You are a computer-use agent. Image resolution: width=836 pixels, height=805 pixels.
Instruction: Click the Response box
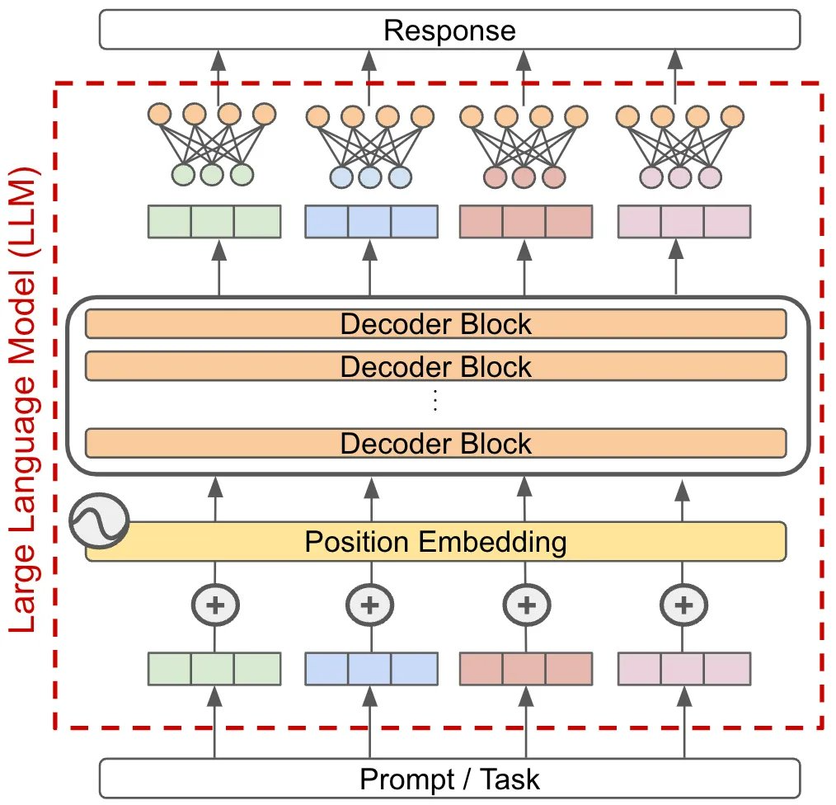(449, 31)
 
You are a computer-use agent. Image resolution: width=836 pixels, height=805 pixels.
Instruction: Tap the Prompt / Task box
(449, 778)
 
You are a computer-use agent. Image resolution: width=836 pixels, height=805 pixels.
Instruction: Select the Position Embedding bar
(435, 542)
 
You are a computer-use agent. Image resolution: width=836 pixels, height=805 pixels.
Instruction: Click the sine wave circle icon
(99, 521)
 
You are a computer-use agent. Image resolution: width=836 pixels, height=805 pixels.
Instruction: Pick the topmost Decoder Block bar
(435, 323)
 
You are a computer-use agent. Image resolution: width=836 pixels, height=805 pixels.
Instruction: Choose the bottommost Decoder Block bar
(435, 443)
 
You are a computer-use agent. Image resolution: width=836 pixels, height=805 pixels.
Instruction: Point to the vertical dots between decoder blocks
(435, 401)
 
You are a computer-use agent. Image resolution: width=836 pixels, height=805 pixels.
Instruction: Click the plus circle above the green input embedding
(215, 605)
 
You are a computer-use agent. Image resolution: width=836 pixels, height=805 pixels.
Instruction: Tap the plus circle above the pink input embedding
(683, 605)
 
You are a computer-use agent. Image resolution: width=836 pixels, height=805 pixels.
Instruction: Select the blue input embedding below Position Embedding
(370, 668)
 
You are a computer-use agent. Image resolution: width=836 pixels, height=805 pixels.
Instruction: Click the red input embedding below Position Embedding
(525, 668)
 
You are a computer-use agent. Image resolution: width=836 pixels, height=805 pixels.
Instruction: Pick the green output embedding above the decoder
(214, 221)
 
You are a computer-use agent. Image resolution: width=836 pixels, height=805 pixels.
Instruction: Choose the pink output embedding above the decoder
(683, 221)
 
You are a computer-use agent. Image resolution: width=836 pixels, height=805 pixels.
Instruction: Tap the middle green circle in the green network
(212, 175)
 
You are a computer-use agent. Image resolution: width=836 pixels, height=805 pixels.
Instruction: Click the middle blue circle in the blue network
(369, 176)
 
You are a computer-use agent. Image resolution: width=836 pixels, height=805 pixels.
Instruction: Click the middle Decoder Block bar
(435, 365)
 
